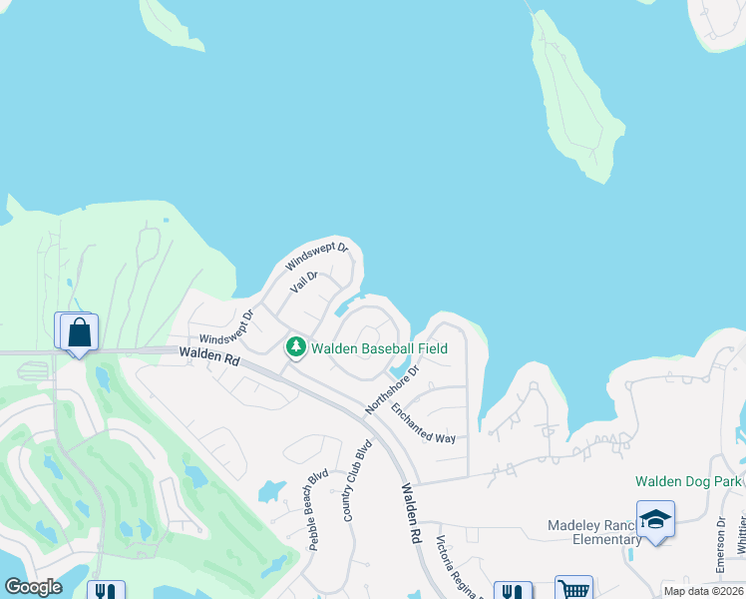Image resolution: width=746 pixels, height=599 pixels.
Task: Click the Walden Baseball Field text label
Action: (x=379, y=348)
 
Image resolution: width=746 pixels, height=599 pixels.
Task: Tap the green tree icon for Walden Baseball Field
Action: (x=295, y=347)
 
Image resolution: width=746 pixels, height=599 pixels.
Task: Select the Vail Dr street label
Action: (x=303, y=282)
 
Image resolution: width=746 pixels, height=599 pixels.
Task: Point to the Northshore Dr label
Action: (x=393, y=387)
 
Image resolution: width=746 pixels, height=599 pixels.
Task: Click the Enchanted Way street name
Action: (x=423, y=424)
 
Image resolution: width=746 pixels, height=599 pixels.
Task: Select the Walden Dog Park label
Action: (x=688, y=481)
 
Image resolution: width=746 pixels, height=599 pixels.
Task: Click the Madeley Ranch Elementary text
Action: (x=595, y=532)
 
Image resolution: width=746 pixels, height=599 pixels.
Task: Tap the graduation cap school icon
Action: (x=655, y=519)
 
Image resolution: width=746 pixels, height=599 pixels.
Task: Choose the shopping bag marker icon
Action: (x=80, y=333)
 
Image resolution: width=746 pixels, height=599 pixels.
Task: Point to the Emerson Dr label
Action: (x=720, y=543)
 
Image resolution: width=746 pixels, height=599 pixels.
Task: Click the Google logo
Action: (x=33, y=587)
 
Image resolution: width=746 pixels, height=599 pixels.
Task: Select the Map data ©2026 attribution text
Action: (x=703, y=591)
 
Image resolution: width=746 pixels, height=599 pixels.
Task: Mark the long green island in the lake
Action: (x=575, y=100)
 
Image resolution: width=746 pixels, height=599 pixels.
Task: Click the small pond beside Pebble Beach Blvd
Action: (x=270, y=490)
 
